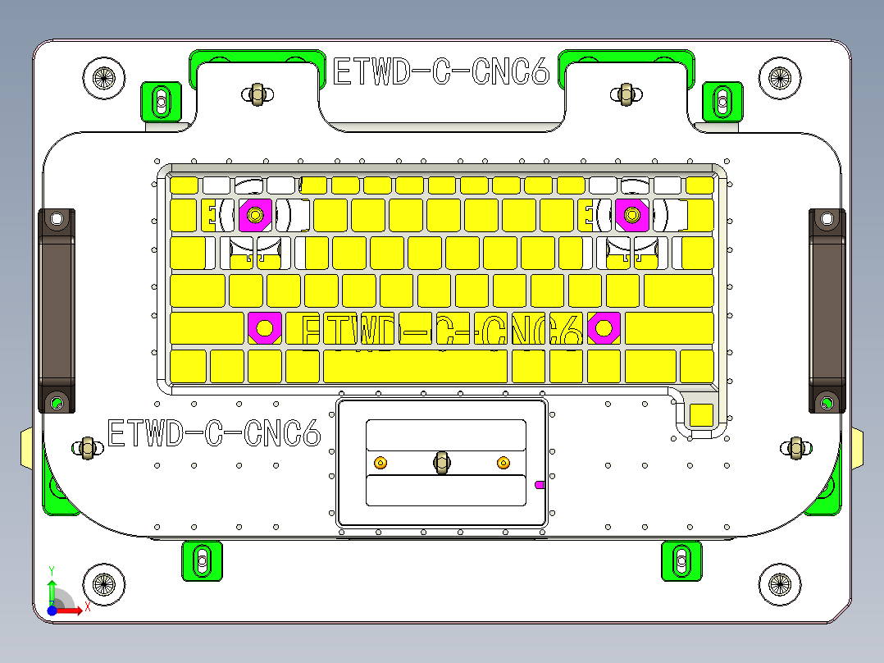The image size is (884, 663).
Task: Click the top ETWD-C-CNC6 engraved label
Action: pyautogui.click(x=440, y=72)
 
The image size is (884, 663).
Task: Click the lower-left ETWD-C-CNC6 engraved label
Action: pyautogui.click(x=214, y=433)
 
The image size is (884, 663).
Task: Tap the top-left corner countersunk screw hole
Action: pyautogui.click(x=103, y=78)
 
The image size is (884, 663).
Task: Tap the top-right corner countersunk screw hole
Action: pyautogui.click(x=780, y=78)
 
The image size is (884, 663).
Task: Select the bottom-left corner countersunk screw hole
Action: pyautogui.click(x=103, y=583)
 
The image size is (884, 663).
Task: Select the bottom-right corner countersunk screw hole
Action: pyautogui.click(x=780, y=583)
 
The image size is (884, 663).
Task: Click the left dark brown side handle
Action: pyautogui.click(x=57, y=310)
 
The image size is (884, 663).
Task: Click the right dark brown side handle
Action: pyautogui.click(x=827, y=310)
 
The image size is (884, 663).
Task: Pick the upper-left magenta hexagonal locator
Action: pyautogui.click(x=256, y=215)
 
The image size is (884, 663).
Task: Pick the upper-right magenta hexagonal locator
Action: pyautogui.click(x=631, y=215)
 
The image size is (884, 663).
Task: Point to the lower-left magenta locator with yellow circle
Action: pyautogui.click(x=265, y=329)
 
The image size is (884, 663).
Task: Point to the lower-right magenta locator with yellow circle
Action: pyautogui.click(x=604, y=328)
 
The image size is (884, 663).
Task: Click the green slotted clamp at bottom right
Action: pyautogui.click(x=681, y=561)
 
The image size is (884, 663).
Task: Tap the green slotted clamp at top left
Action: pyautogui.click(x=162, y=102)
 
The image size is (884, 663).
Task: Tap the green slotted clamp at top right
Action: pyautogui.click(x=722, y=102)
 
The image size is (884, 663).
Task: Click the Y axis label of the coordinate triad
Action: pyautogui.click(x=52, y=569)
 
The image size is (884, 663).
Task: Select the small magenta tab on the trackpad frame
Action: pyautogui.click(x=540, y=485)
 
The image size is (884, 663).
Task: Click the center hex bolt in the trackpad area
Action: pyautogui.click(x=441, y=463)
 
